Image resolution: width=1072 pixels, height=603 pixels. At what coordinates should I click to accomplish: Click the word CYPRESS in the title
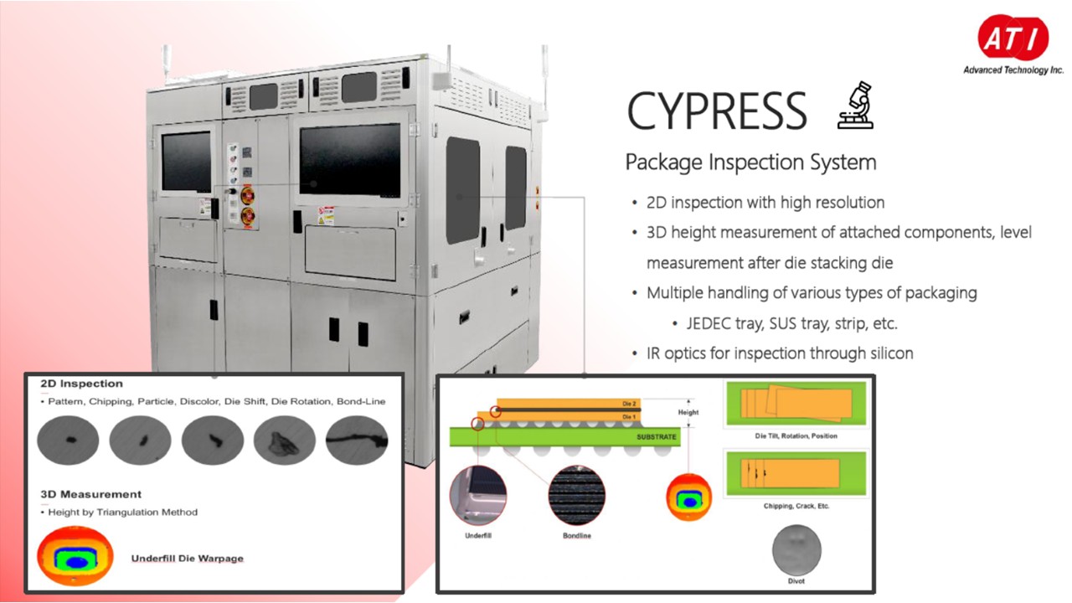717,111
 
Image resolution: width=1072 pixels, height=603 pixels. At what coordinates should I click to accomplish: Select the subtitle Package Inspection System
750,162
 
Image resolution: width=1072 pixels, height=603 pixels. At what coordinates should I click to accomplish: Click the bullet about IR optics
780,353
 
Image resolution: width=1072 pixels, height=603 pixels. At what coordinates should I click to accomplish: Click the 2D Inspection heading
81,384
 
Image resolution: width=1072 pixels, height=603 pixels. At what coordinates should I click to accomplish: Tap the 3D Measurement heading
90,494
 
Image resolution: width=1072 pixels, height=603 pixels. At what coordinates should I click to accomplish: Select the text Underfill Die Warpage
188,558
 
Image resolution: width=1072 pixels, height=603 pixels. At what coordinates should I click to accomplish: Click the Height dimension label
688,412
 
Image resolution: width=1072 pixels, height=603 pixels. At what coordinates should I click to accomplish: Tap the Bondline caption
576,535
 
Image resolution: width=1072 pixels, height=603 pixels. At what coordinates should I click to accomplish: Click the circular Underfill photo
478,495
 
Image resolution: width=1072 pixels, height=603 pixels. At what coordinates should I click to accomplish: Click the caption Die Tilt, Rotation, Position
796,436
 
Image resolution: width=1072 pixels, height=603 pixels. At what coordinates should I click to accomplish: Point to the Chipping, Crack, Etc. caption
796,506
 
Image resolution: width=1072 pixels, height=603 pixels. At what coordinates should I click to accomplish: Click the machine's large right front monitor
350,159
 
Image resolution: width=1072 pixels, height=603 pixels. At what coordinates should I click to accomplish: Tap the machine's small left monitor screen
186,162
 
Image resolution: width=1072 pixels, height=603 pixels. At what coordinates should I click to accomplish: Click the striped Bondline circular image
576,495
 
